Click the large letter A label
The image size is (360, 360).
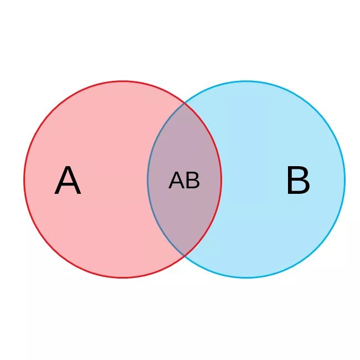tap(68, 182)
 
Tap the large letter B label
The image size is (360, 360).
tap(298, 181)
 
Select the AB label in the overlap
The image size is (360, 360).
tap(184, 181)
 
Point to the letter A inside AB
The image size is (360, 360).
tap(177, 181)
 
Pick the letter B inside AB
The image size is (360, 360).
tap(193, 181)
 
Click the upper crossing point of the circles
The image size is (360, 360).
tap(184, 103)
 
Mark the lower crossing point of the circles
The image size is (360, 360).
tap(184, 256)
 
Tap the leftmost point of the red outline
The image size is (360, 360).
tap(24, 179)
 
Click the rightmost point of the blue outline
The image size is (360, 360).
tap(344, 179)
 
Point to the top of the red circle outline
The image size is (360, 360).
tap(123, 81)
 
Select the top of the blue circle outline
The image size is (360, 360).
tap(246, 81)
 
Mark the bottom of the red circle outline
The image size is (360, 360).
tap(123, 277)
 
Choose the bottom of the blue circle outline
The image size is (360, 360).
tap(246, 277)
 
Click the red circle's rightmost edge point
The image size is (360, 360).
tap(221, 179)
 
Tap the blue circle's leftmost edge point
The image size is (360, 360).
tap(148, 179)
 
